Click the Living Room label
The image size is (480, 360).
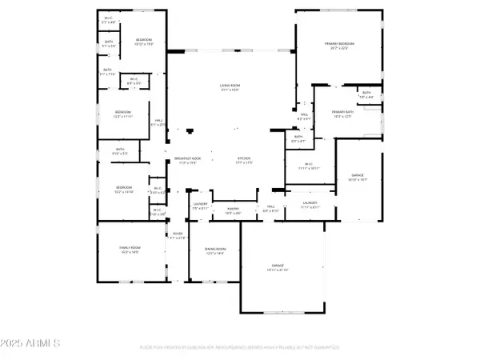(x=231, y=86)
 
